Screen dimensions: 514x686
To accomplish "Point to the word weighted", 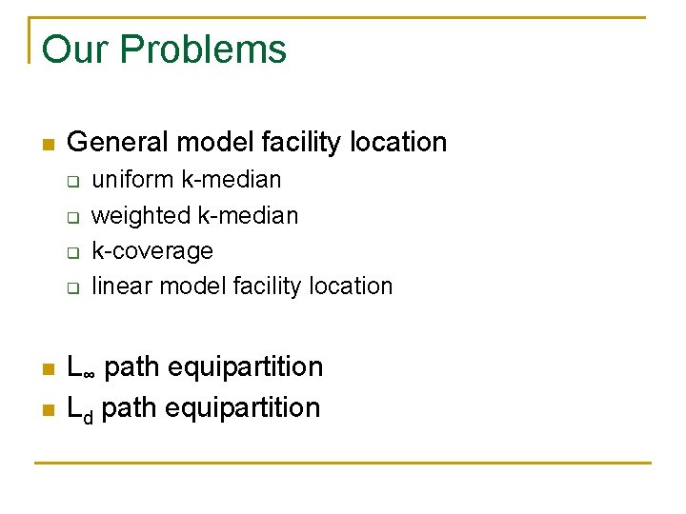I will (x=141, y=216).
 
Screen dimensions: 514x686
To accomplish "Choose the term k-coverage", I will (x=152, y=251).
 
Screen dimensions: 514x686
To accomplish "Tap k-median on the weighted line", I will (x=248, y=216).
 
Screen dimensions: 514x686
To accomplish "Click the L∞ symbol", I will (x=82, y=367).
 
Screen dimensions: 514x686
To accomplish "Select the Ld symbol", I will (x=81, y=409).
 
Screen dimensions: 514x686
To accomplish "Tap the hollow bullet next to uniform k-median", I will (x=71, y=181).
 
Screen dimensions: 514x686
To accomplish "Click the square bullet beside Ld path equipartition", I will (x=48, y=410).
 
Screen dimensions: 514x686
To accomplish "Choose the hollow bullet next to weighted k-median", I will (x=71, y=217).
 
